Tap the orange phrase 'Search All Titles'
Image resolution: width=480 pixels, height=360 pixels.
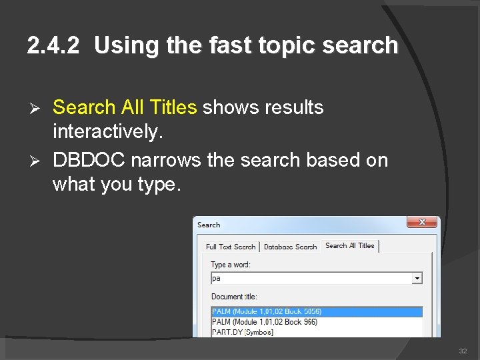pyautogui.click(x=124, y=107)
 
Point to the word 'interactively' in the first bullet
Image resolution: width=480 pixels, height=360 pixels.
pyautogui.click(x=107, y=131)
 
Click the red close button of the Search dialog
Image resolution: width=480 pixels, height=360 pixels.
pyautogui.click(x=422, y=223)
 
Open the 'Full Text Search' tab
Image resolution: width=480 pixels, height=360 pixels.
pyautogui.click(x=230, y=247)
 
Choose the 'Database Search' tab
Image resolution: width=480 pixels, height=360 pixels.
pyautogui.click(x=290, y=247)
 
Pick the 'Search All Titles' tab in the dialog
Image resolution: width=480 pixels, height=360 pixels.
pyautogui.click(x=349, y=246)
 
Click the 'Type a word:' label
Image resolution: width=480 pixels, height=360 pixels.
pyautogui.click(x=231, y=265)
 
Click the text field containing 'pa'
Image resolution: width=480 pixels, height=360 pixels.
pyautogui.click(x=310, y=278)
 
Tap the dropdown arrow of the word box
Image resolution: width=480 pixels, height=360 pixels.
pyautogui.click(x=417, y=278)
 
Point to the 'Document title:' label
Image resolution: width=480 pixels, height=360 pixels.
pyautogui.click(x=234, y=297)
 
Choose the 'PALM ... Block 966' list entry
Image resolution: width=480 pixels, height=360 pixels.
pyautogui.click(x=264, y=322)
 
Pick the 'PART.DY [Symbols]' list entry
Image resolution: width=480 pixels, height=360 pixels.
pyautogui.click(x=242, y=332)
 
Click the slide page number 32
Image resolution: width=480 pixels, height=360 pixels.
pyautogui.click(x=463, y=351)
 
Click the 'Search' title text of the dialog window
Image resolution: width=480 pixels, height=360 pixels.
pyautogui.click(x=209, y=225)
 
